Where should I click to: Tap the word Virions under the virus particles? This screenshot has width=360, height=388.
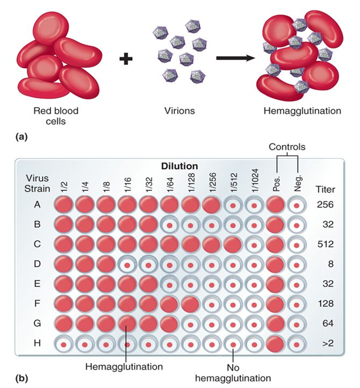pyautogui.click(x=178, y=111)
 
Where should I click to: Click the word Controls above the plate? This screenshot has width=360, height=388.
pyautogui.click(x=287, y=147)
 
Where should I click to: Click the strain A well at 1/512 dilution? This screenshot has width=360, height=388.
pyautogui.click(x=232, y=205)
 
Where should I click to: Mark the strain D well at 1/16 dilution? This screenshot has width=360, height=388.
pyautogui.click(x=127, y=265)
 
